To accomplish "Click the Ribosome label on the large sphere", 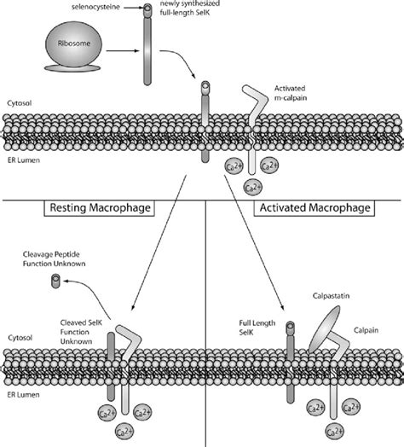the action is coord(74,44).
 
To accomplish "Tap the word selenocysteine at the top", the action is coord(95,7).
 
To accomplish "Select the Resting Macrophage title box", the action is coord(100,208).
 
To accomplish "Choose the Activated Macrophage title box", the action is coord(315,208).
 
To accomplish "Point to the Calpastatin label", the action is coord(331,296).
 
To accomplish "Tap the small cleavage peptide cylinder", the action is coord(55,281).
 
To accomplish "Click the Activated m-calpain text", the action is coord(291,93).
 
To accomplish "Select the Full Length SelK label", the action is coord(257,328).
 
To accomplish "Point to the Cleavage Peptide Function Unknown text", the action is coord(55,258).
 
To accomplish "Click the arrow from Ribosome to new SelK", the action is coord(123,51).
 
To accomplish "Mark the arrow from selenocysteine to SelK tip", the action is coord(133,8).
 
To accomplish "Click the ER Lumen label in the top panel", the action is coord(24,160).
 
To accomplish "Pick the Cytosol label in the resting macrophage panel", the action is coord(20,338).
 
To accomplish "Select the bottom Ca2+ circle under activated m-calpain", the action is coord(253,188).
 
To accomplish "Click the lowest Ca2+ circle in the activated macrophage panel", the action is coord(334,432).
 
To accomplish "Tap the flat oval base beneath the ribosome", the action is coord(72,68).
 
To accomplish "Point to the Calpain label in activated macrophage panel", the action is coord(366,330).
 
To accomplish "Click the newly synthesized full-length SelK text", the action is coord(190,8).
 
